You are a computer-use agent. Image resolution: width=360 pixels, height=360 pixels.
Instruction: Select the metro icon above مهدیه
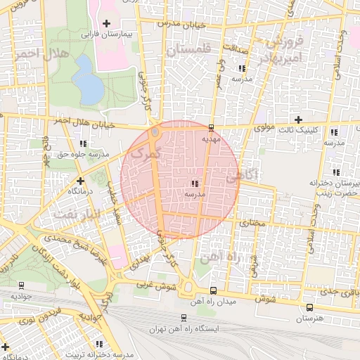click(x=212, y=127)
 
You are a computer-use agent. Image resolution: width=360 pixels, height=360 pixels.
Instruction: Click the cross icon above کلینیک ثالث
click(x=300, y=121)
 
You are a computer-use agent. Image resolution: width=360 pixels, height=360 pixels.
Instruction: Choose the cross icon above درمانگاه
click(x=80, y=181)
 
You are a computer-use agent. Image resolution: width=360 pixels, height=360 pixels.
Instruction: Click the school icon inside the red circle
click(x=194, y=184)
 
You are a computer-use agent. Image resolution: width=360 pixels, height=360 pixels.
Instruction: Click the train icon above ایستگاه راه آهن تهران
click(x=184, y=318)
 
